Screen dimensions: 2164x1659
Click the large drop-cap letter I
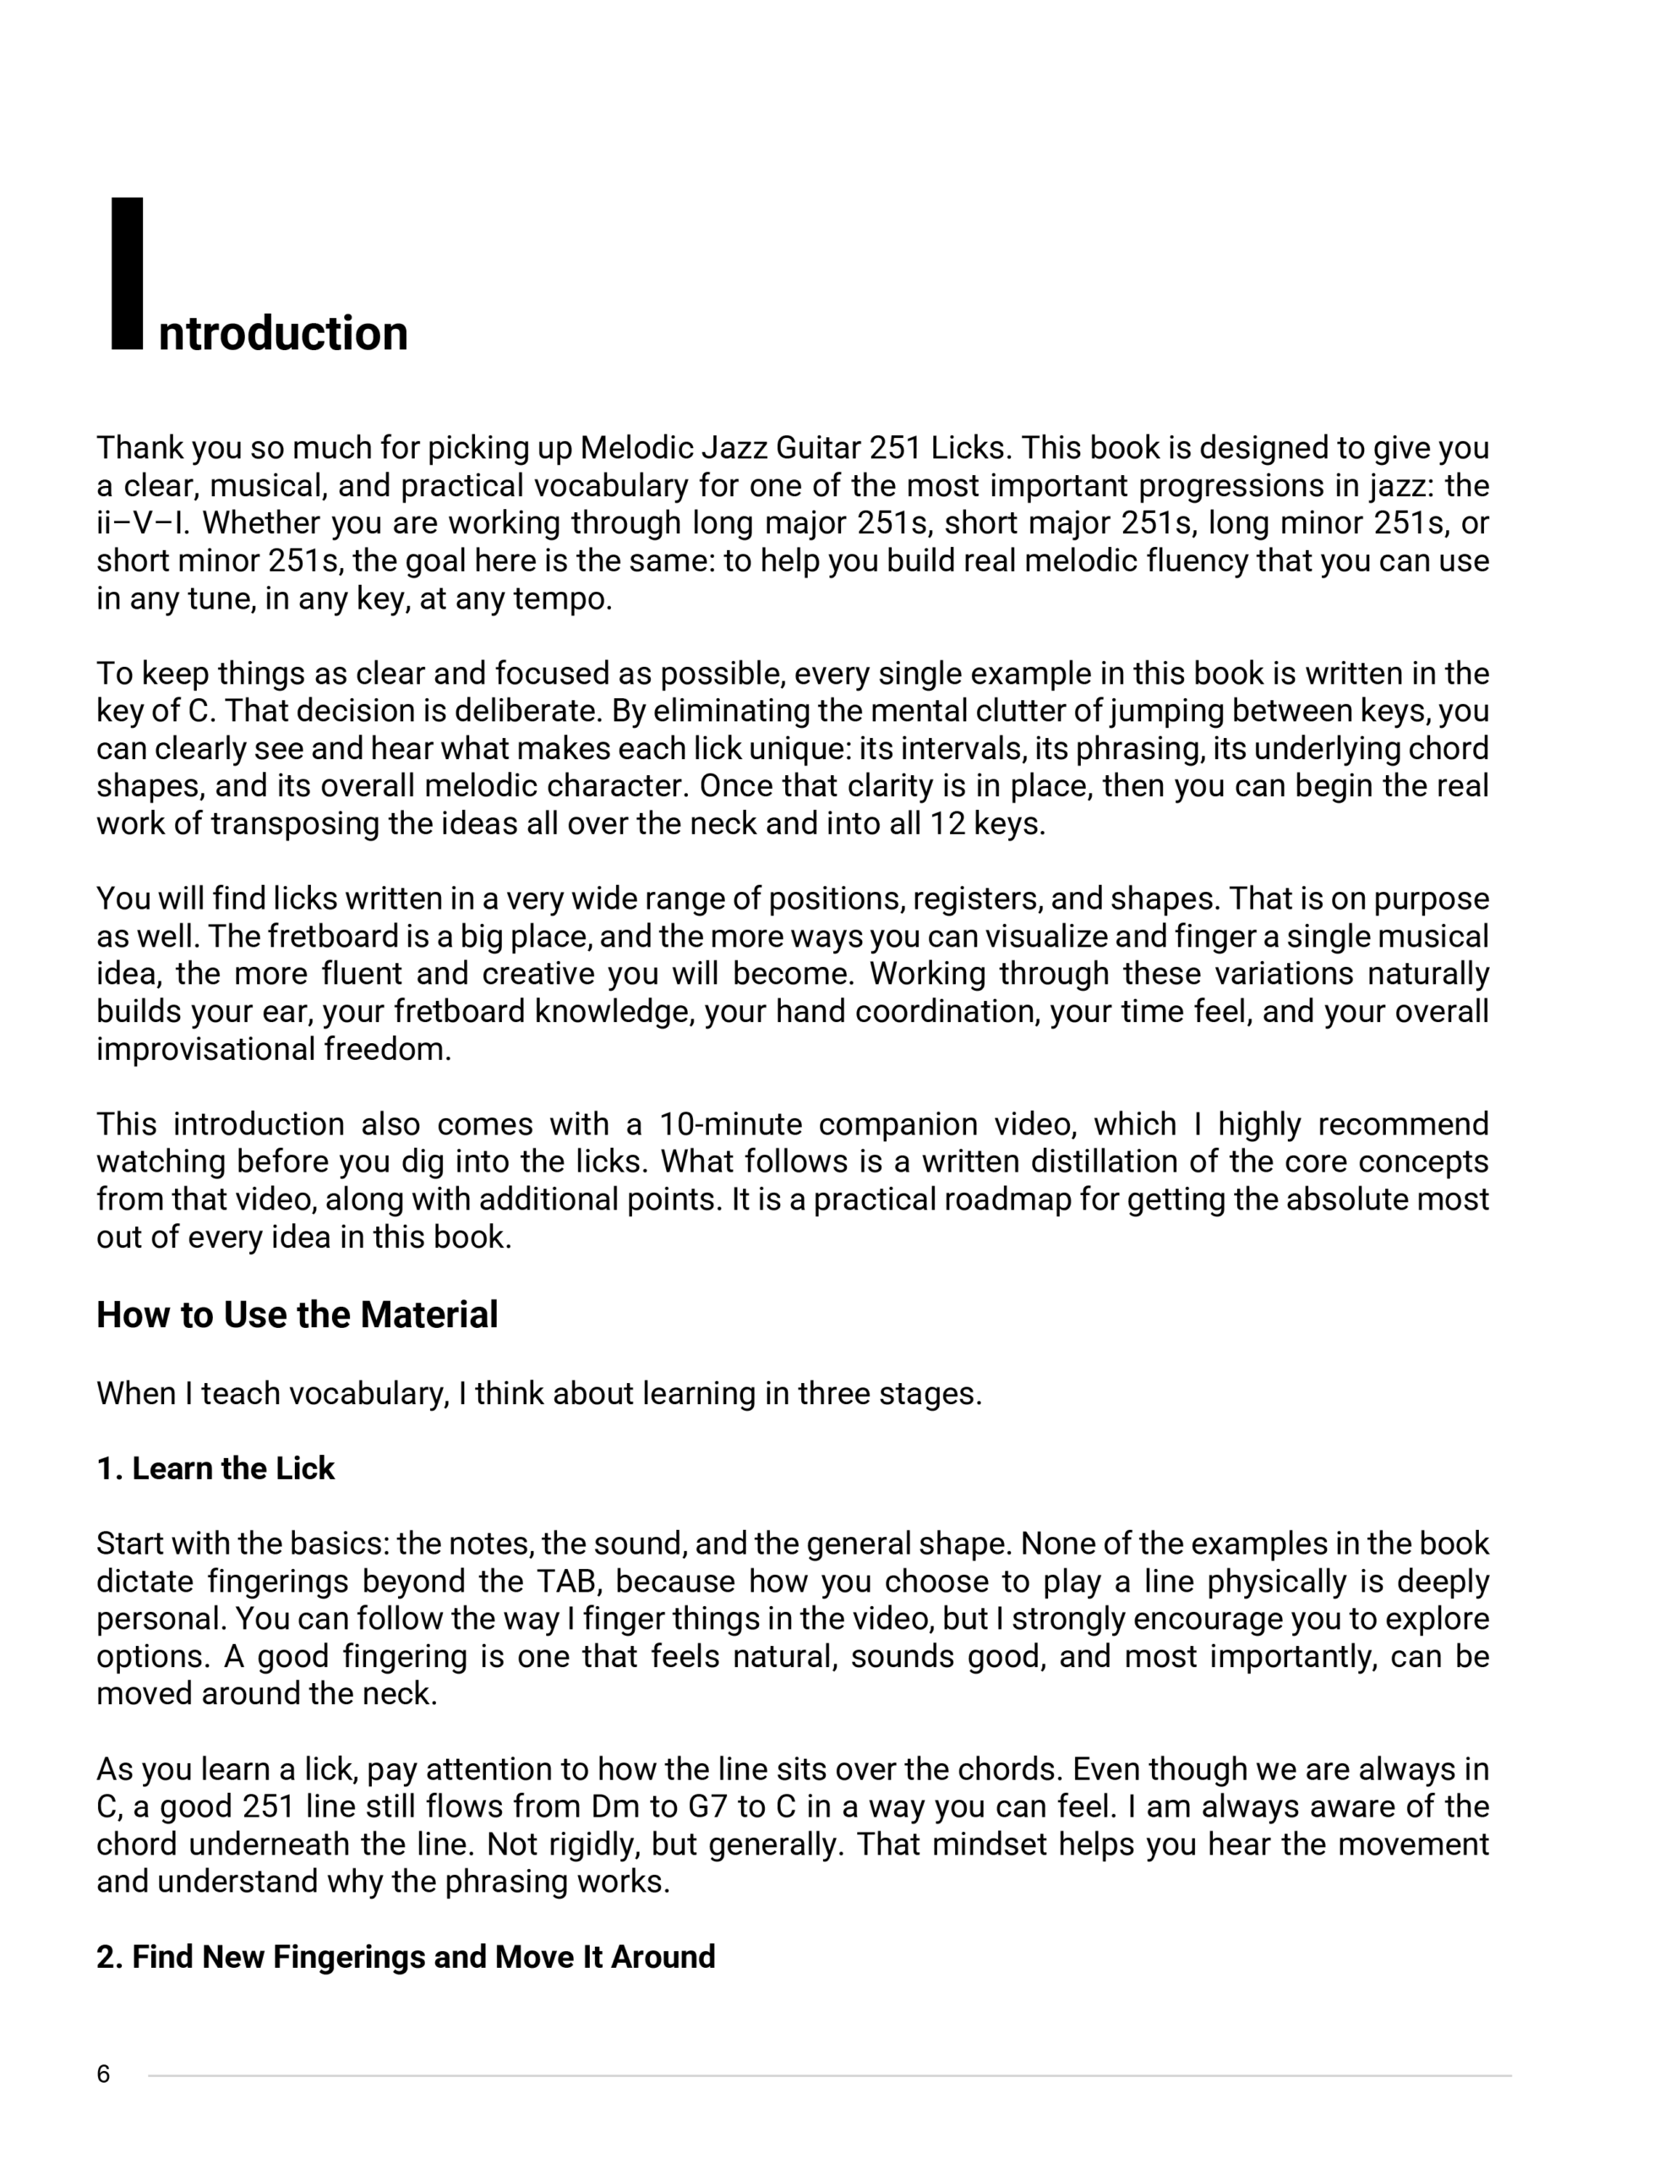127,274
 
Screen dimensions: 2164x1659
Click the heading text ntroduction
282,334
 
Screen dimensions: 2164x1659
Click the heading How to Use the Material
297,1315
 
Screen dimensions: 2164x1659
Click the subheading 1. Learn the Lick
216,1468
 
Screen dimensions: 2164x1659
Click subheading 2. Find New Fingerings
406,1957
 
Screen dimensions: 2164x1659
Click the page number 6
104,2074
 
